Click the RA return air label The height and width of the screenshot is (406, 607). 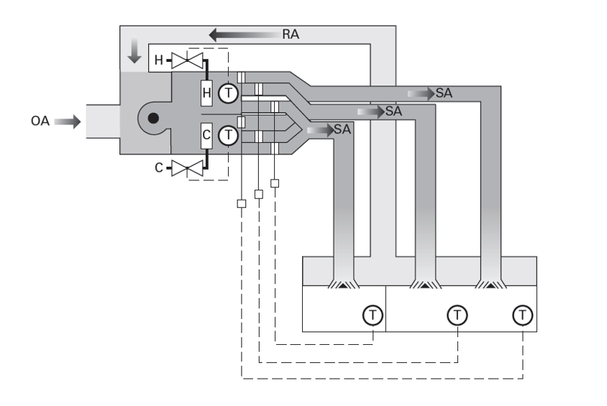[292, 34]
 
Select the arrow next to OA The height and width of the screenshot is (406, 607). [66, 122]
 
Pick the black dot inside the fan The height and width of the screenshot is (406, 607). [153, 118]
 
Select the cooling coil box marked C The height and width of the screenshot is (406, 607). [206, 135]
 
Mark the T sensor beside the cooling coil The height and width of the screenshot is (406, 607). [229, 135]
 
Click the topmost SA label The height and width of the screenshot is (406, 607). [444, 93]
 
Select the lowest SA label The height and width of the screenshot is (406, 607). [342, 130]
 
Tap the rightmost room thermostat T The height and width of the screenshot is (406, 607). [523, 314]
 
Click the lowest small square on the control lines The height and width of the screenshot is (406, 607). [241, 203]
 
